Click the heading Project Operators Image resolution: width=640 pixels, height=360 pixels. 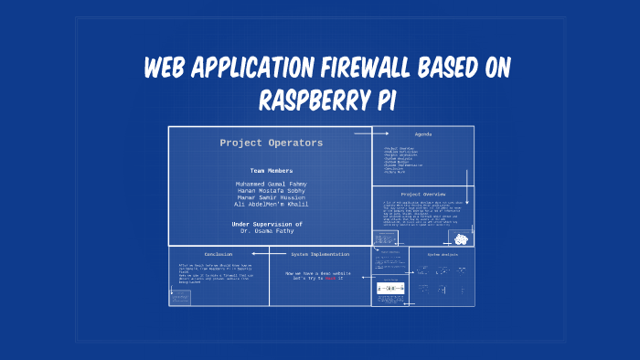(271, 143)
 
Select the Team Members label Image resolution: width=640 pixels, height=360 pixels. (271, 171)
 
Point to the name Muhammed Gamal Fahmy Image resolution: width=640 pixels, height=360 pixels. (271, 184)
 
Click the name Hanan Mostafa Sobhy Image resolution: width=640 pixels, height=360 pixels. (271, 191)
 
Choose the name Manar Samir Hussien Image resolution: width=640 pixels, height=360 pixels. (271, 198)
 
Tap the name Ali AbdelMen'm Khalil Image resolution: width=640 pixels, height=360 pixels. (271, 205)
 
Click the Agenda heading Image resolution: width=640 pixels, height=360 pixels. (422, 134)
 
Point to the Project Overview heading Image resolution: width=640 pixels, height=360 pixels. (422, 195)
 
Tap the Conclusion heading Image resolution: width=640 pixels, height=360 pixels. (218, 254)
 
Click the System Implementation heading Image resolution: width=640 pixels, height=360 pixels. (319, 254)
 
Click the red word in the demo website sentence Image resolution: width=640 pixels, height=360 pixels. (331, 278)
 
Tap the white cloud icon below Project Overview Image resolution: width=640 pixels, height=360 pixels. (462, 239)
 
